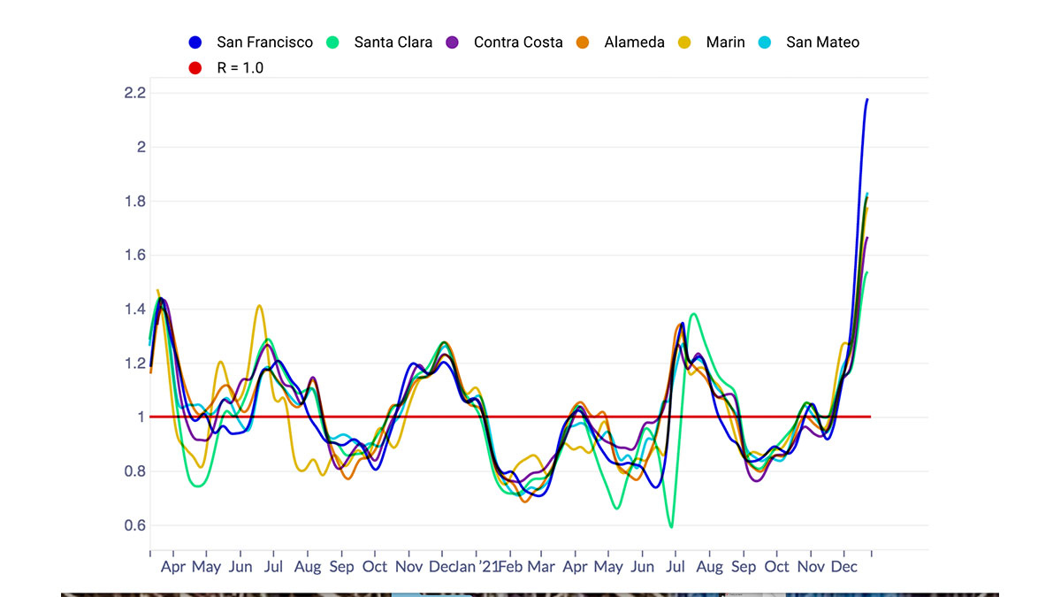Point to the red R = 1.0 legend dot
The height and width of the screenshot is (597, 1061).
coord(195,67)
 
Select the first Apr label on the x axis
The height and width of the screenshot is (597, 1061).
coord(172,566)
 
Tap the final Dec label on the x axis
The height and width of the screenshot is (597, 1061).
coord(844,566)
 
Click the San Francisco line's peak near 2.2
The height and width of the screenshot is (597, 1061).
coord(866,99)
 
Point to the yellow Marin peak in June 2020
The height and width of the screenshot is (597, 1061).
coord(259,306)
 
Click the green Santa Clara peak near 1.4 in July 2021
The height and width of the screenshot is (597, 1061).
coord(693,314)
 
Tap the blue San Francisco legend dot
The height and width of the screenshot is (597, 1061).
coord(195,42)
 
